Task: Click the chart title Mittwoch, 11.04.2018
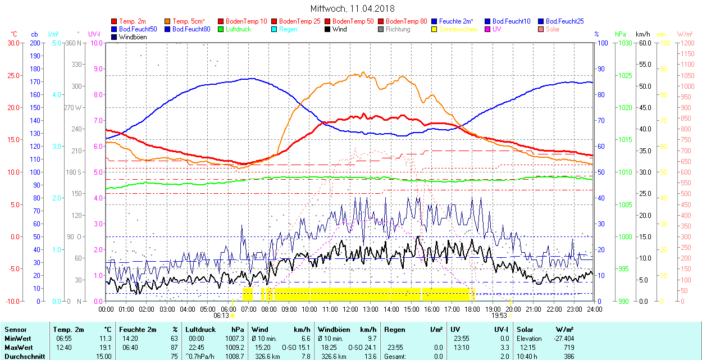click(x=352, y=8)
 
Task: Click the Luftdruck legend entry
click(x=238, y=29)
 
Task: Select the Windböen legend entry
click(x=133, y=37)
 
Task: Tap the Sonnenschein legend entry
click(x=458, y=29)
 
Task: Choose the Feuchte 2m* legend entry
click(x=455, y=21)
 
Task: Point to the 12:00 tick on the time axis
click(x=350, y=309)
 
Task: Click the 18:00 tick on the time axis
click(x=472, y=309)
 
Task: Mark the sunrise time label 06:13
click(x=221, y=316)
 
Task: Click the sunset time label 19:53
click(x=499, y=316)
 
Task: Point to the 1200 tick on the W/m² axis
click(x=687, y=43)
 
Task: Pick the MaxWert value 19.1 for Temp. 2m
click(x=105, y=347)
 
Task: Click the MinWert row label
click(x=17, y=339)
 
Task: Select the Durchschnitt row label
click(x=23, y=356)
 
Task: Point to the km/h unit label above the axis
click(x=643, y=34)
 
